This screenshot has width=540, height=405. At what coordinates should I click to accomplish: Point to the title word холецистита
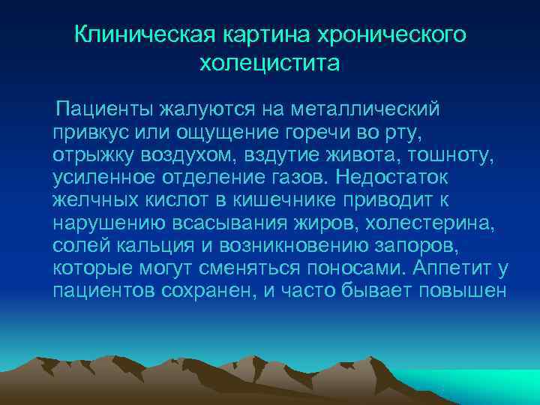click(269, 64)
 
